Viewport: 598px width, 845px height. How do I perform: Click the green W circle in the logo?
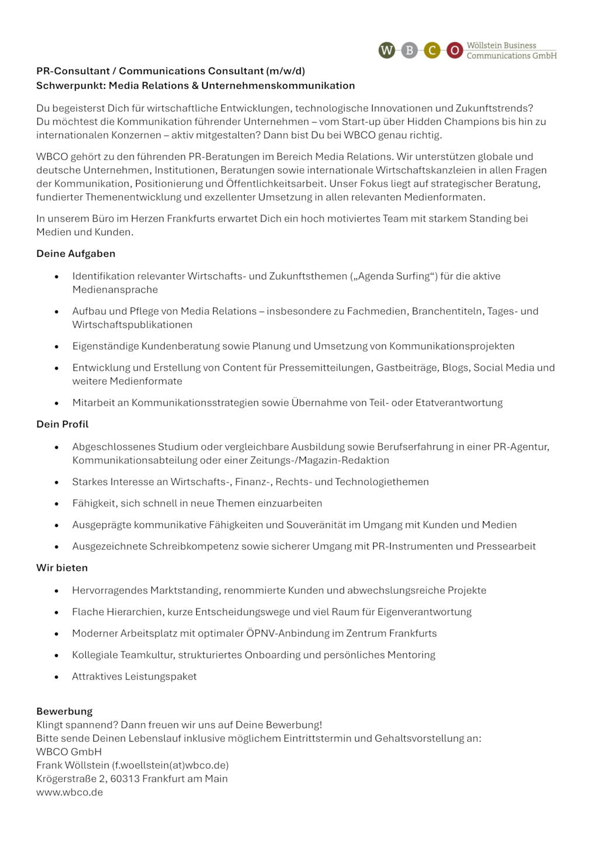pos(387,51)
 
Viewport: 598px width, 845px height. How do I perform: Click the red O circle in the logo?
pos(454,51)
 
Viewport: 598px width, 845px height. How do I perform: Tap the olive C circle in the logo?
pos(432,51)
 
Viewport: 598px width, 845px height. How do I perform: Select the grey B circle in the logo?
pos(409,51)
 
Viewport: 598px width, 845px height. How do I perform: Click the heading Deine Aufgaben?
pos(76,254)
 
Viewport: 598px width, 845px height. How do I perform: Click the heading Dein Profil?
pos(62,424)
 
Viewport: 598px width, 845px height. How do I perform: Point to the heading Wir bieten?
pos(62,568)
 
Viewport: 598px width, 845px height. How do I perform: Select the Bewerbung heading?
pos(64,711)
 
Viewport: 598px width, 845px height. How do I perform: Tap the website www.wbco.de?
pos(69,792)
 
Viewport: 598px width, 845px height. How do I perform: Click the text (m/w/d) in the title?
pos(286,71)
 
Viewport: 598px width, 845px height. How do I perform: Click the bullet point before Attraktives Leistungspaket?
pos(57,677)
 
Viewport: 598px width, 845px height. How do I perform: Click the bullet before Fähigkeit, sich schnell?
pos(57,504)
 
